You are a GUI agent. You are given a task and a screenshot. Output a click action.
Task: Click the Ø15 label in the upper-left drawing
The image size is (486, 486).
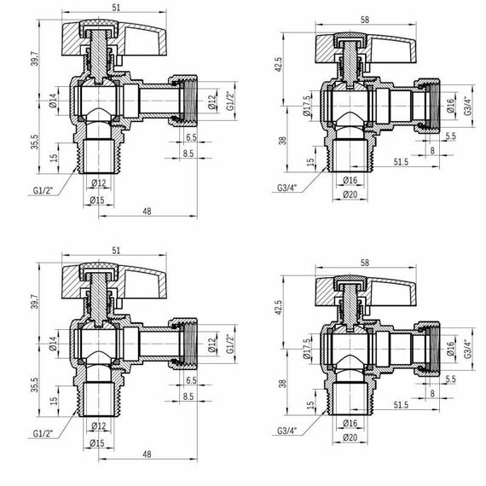click(x=99, y=201)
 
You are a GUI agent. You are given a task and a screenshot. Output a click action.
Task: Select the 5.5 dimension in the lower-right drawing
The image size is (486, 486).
click(x=450, y=379)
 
